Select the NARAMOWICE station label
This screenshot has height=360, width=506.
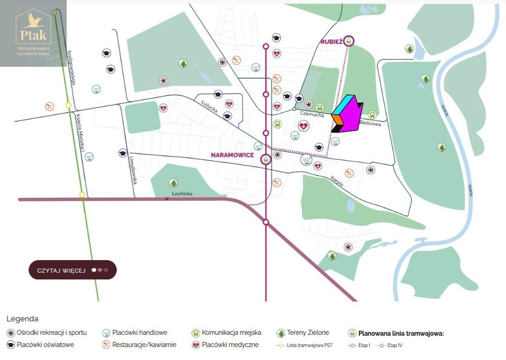tap(232, 155)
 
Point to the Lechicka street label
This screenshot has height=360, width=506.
tap(182, 194)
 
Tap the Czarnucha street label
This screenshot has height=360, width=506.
tap(312, 114)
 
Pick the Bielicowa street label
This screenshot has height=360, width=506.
tap(370, 124)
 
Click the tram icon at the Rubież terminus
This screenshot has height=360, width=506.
tap(349, 41)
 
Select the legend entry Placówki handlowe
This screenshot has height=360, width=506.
tap(139, 333)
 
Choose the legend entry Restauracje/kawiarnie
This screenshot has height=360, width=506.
tap(144, 345)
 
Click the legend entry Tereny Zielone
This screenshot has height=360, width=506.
tap(308, 333)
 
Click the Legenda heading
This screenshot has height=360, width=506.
tap(22, 319)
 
